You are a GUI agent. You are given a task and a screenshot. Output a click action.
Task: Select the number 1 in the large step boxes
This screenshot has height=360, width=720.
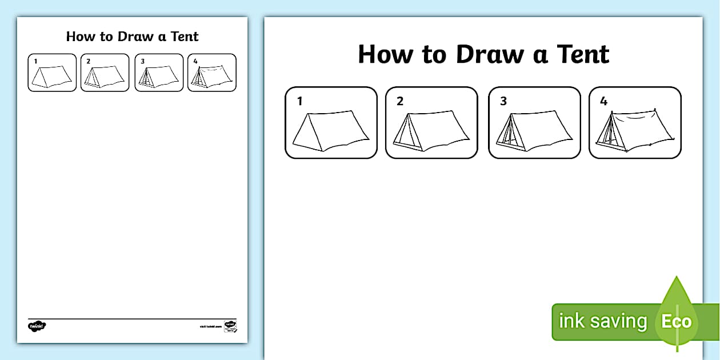point(299,102)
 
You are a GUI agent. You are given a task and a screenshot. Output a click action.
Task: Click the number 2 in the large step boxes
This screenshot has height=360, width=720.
point(400,102)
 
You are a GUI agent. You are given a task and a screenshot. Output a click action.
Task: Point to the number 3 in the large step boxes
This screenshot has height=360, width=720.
point(503,102)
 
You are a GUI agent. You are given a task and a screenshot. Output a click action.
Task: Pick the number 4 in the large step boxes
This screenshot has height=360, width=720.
point(604,102)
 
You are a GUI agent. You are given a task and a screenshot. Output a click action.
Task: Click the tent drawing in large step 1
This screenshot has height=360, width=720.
point(330,131)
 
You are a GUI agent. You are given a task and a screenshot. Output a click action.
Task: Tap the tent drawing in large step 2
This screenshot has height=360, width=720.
point(431,131)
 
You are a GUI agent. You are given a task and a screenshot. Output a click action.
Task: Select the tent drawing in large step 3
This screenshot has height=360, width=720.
point(534,131)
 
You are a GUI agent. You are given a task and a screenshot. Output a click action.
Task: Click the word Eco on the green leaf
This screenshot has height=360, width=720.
point(677,321)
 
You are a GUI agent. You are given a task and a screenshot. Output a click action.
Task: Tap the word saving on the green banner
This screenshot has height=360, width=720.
point(618,322)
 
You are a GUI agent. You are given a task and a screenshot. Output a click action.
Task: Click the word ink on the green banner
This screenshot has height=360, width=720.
point(572,321)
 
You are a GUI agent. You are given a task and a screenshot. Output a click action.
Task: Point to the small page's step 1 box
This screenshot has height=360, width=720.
point(52,73)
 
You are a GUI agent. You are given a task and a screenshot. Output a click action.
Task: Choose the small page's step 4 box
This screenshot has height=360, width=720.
point(212,73)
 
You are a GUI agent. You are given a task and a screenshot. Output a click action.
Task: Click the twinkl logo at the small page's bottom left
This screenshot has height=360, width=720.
point(37,326)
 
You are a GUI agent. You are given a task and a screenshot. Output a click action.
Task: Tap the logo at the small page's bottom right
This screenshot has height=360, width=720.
point(230,326)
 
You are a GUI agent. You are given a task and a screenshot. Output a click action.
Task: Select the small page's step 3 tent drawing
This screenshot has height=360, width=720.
point(159,75)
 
